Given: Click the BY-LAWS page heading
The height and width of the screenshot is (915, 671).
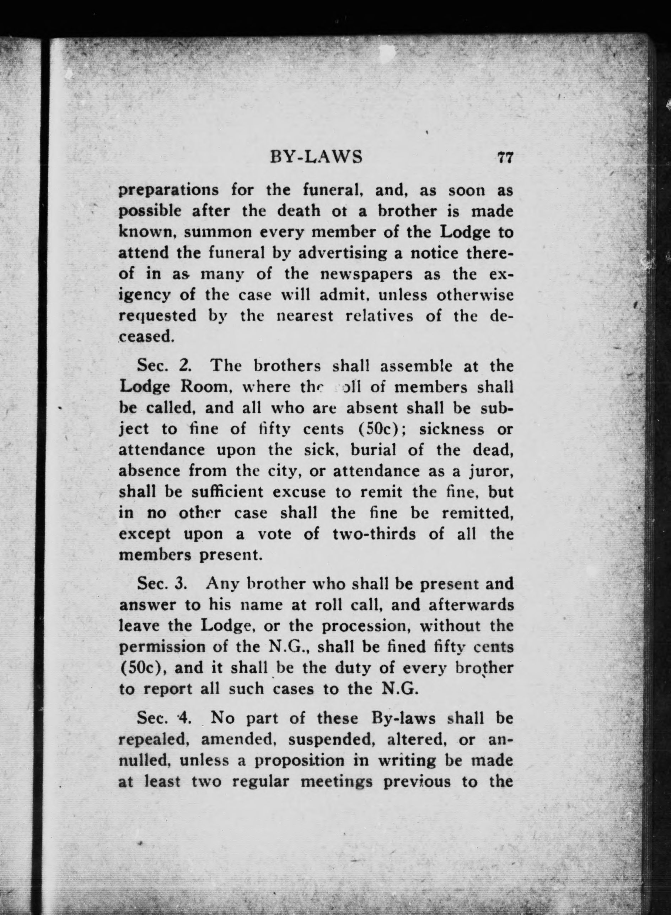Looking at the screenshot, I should pos(316,157).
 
